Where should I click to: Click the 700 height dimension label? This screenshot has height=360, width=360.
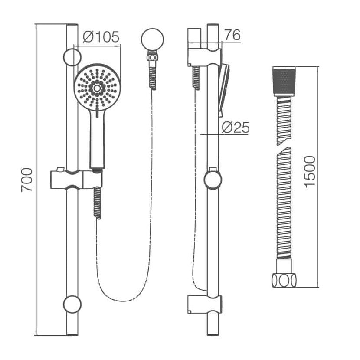[27, 180]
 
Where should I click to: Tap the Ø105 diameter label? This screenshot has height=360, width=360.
[101, 37]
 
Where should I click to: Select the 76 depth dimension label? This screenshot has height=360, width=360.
[232, 35]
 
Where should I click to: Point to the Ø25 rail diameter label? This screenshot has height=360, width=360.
[236, 128]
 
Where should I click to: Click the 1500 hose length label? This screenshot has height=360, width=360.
[310, 172]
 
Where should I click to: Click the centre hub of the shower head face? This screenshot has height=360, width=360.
[97, 88]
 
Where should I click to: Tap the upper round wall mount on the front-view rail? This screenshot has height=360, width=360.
[72, 57]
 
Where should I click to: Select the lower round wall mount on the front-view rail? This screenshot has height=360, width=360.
[72, 304]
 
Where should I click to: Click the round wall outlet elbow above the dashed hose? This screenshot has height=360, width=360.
[152, 39]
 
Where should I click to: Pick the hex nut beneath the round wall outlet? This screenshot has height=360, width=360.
[152, 56]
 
